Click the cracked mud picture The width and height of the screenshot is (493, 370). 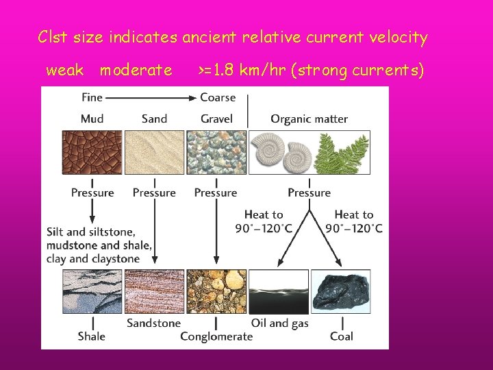(x=92, y=151)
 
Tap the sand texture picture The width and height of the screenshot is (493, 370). (x=154, y=151)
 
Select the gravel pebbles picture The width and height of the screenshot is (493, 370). (x=216, y=151)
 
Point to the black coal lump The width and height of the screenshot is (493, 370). (x=340, y=291)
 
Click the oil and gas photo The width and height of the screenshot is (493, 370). (x=279, y=291)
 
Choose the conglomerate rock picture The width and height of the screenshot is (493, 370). (x=216, y=291)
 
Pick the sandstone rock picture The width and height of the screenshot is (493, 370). (x=154, y=291)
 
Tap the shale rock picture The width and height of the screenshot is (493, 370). (x=92, y=291)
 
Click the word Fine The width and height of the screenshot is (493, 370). (x=92, y=97)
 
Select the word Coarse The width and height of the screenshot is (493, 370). (x=218, y=97)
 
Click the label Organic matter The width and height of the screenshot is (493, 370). (x=309, y=119)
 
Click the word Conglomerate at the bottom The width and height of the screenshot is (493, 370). (x=216, y=336)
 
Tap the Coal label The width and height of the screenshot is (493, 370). (x=341, y=336)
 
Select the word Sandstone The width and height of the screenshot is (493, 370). (x=154, y=323)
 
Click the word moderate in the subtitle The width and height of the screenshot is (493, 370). (x=136, y=70)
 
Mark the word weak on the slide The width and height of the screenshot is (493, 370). (x=64, y=70)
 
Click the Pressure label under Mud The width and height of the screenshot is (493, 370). (x=92, y=193)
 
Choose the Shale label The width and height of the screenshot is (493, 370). (x=92, y=336)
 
